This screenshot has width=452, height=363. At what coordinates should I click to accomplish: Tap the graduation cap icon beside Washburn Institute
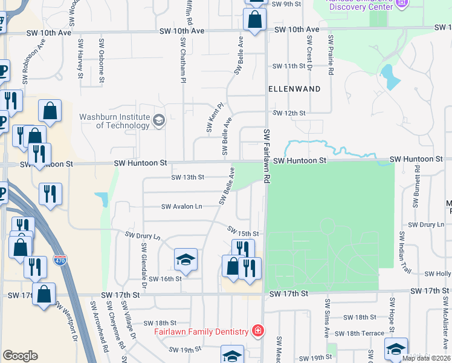click(x=159, y=120)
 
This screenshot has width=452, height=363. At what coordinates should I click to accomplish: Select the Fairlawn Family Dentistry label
click(x=201, y=332)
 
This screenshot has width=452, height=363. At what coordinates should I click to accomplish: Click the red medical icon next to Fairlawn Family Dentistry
click(x=258, y=332)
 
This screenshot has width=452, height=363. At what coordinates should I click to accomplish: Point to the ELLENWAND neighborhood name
click(x=294, y=88)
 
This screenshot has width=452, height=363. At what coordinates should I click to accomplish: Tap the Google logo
click(x=20, y=356)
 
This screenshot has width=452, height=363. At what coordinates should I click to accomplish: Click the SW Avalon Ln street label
click(x=181, y=206)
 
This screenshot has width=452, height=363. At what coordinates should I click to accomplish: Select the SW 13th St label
click(x=187, y=177)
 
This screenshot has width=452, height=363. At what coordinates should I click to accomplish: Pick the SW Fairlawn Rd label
click(x=266, y=156)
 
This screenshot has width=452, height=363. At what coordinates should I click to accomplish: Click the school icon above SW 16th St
click(x=186, y=260)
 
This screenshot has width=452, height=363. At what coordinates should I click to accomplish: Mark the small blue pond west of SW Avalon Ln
click(x=101, y=199)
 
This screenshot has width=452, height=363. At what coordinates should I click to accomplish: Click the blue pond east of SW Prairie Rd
click(x=389, y=77)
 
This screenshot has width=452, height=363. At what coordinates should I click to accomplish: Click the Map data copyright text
click(x=426, y=358)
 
